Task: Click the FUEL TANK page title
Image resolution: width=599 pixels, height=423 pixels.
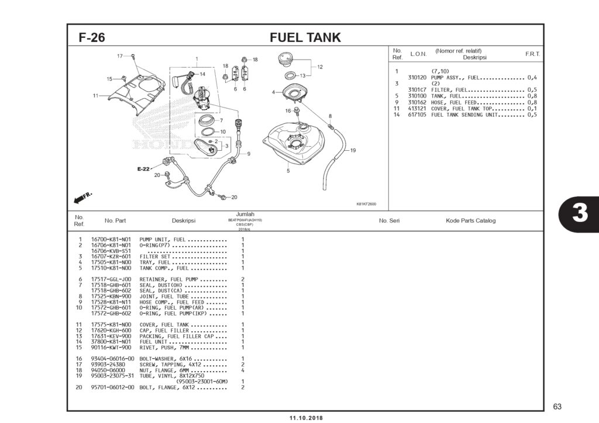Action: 305,38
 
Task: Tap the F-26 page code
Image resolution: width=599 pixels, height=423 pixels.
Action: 92,38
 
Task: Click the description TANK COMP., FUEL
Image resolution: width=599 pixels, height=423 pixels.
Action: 166,268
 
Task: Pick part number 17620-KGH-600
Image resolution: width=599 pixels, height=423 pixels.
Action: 111,330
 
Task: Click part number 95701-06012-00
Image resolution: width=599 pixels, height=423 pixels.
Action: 112,387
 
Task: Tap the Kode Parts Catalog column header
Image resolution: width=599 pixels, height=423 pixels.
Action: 470,221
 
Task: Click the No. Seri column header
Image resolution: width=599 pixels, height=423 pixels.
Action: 389,221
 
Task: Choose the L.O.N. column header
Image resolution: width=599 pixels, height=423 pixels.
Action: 418,54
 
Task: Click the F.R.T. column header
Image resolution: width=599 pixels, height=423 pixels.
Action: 532,54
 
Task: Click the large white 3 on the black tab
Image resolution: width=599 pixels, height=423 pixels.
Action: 579,214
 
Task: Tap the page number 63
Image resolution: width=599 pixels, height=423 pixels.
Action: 556,407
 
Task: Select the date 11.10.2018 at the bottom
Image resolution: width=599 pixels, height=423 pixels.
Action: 305,418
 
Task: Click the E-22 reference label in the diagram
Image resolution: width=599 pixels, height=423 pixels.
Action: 143,169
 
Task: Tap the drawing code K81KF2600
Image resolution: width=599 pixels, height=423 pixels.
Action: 366,204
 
